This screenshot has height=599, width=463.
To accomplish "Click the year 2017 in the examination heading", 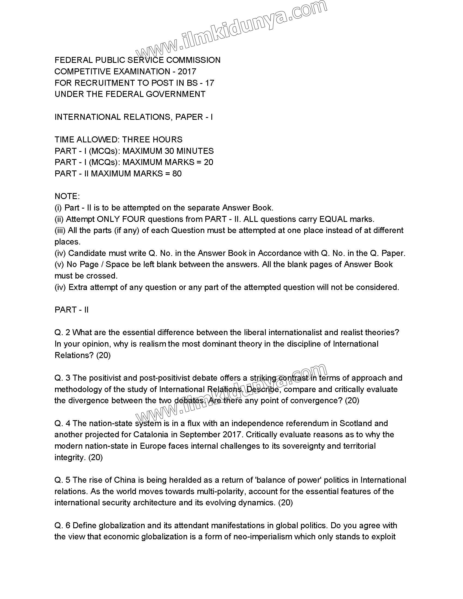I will click(x=187, y=72).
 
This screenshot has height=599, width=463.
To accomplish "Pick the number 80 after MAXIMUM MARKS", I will click(x=177, y=174).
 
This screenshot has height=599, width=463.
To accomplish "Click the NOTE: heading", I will click(x=67, y=196).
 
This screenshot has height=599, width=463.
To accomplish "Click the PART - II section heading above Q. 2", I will click(x=72, y=310).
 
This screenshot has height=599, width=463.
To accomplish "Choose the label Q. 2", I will click(x=62, y=332).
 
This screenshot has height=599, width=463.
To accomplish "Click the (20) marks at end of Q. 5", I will click(x=285, y=503).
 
